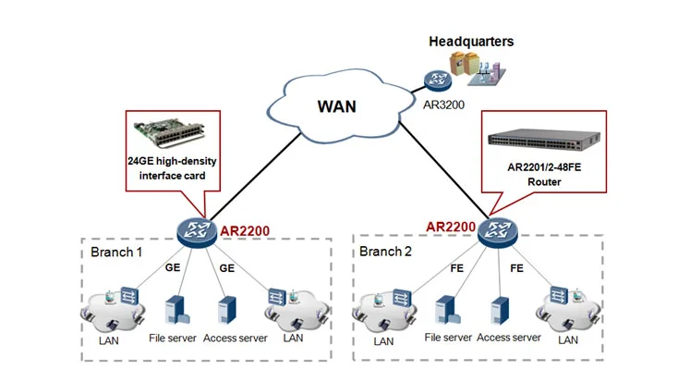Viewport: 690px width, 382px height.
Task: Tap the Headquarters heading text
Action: coord(471,42)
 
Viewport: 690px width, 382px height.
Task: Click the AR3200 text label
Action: coord(442,106)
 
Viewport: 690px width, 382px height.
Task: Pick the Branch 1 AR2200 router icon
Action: coord(196,228)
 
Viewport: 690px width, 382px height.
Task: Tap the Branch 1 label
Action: coord(116,253)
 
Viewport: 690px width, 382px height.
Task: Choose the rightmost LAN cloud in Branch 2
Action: coord(565,308)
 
